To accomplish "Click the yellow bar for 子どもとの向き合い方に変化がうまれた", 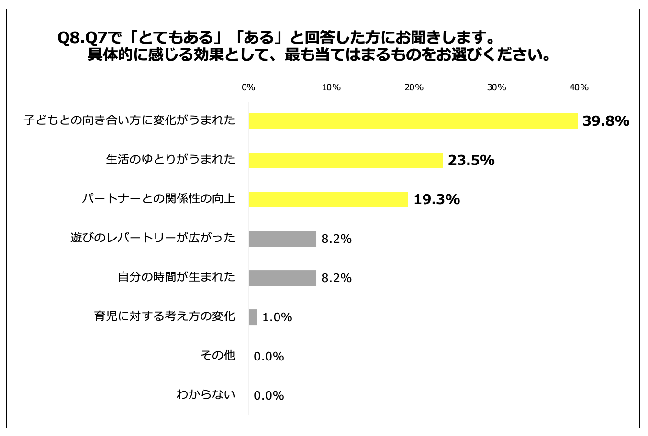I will coord(413,121).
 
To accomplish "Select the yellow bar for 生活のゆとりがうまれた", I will coord(346,160).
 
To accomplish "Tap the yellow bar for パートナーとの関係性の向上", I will coord(328,199).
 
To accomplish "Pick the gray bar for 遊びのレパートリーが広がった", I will coord(282,239).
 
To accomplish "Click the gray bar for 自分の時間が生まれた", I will coord(282,278).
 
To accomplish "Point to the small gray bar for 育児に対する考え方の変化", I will coord(253,317).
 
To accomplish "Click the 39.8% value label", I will coord(605,121).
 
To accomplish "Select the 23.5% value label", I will coord(471,161).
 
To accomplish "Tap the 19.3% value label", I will coord(436,200).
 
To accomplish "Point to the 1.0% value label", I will coord(277,317).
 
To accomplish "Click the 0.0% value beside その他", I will coord(269,357).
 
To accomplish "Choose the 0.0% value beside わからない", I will coord(269,396).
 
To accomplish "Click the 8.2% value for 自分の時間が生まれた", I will coord(336,278).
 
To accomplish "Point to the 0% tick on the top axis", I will coord(248,87).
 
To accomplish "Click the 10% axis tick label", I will coord(331,87).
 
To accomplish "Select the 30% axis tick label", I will coord(496,87).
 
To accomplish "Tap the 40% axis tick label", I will coord(579,87).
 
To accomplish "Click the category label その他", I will coord(218,355).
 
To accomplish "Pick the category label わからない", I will coord(206,394).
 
